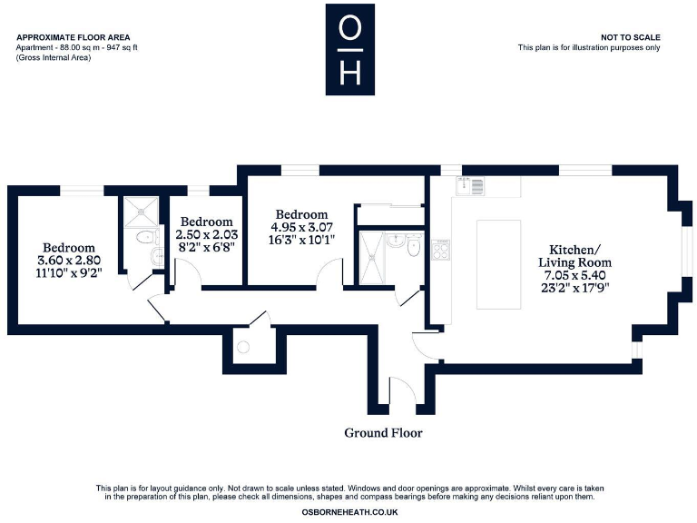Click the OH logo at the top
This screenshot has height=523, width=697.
click(x=349, y=49)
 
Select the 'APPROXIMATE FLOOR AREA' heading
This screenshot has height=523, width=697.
click(x=64, y=37)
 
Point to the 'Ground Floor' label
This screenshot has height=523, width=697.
click(x=383, y=433)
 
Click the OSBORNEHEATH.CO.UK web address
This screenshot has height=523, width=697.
click(x=349, y=512)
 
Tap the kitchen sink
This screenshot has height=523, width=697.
click(x=471, y=186)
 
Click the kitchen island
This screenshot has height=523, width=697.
click(x=498, y=263)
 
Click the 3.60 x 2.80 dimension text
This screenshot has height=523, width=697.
click(x=69, y=260)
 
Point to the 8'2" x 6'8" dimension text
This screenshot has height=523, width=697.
click(x=209, y=246)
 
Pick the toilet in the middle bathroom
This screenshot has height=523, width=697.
click(x=414, y=245)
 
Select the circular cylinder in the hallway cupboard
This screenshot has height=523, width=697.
click(x=242, y=346)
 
